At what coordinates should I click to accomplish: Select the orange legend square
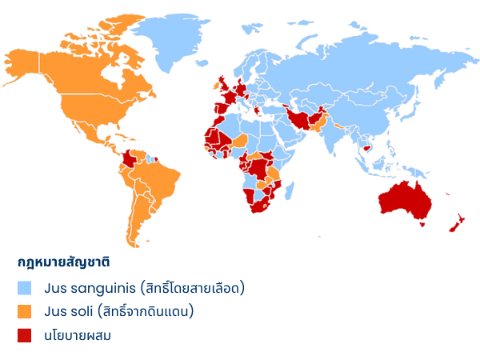click(25, 311)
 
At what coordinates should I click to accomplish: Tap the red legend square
click(25, 335)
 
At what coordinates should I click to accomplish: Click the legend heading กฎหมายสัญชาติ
click(63, 262)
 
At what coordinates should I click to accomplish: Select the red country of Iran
click(302, 120)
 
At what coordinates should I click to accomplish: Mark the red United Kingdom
click(225, 82)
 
